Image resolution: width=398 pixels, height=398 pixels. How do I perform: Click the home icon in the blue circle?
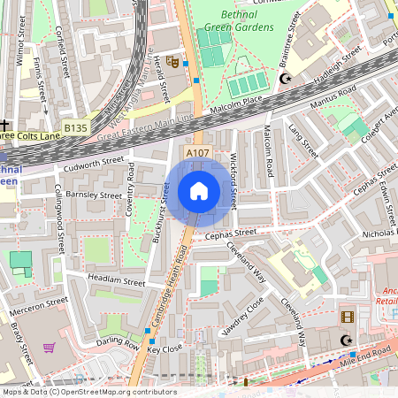(x=199, y=191)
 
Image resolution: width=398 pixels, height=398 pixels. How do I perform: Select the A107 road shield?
(x=196, y=154)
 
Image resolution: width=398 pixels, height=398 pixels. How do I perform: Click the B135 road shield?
(x=75, y=128)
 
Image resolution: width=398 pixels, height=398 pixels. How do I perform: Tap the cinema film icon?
(x=347, y=317)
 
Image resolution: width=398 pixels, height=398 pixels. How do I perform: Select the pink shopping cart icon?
(x=49, y=348)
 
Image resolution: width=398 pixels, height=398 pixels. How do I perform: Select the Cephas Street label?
(x=231, y=233)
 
